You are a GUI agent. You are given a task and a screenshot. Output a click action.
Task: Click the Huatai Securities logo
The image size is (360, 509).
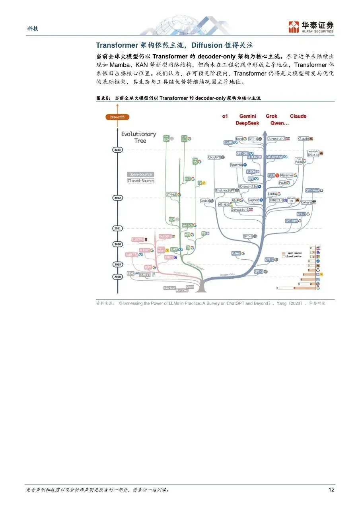click(311, 26)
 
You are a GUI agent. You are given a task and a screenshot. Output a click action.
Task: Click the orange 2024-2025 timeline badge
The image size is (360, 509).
click(117, 117)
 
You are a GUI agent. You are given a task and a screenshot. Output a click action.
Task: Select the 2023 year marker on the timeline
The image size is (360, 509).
click(117, 150)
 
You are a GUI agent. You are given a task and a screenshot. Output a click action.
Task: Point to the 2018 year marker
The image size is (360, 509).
click(117, 276)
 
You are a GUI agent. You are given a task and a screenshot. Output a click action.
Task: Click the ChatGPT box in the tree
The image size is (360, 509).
click(214, 157)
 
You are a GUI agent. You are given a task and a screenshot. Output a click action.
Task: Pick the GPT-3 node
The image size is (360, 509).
click(248, 236)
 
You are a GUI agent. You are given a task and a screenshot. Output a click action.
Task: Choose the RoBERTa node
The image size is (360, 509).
click(132, 254)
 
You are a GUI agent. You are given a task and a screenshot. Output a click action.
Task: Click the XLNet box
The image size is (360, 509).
click(236, 253)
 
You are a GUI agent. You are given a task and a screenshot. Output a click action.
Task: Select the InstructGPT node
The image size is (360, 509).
click(226, 190)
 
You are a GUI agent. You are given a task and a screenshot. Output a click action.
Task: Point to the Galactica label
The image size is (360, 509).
click(274, 157)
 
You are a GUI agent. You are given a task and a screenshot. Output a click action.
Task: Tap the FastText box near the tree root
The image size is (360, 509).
click(169, 288)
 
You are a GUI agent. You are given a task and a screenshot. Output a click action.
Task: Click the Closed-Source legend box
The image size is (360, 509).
click(140, 181)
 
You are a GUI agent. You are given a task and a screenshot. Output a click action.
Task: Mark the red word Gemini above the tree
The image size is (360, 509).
click(247, 116)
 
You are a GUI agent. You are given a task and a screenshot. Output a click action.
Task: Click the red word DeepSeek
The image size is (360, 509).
click(247, 123)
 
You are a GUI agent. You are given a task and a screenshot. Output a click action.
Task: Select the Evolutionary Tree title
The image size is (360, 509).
click(138, 137)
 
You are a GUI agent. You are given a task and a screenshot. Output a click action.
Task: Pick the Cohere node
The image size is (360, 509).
click(306, 202)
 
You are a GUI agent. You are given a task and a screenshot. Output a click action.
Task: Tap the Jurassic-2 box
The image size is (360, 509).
click(276, 139)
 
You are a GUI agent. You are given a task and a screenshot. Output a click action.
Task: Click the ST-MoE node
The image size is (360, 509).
click(171, 194)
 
